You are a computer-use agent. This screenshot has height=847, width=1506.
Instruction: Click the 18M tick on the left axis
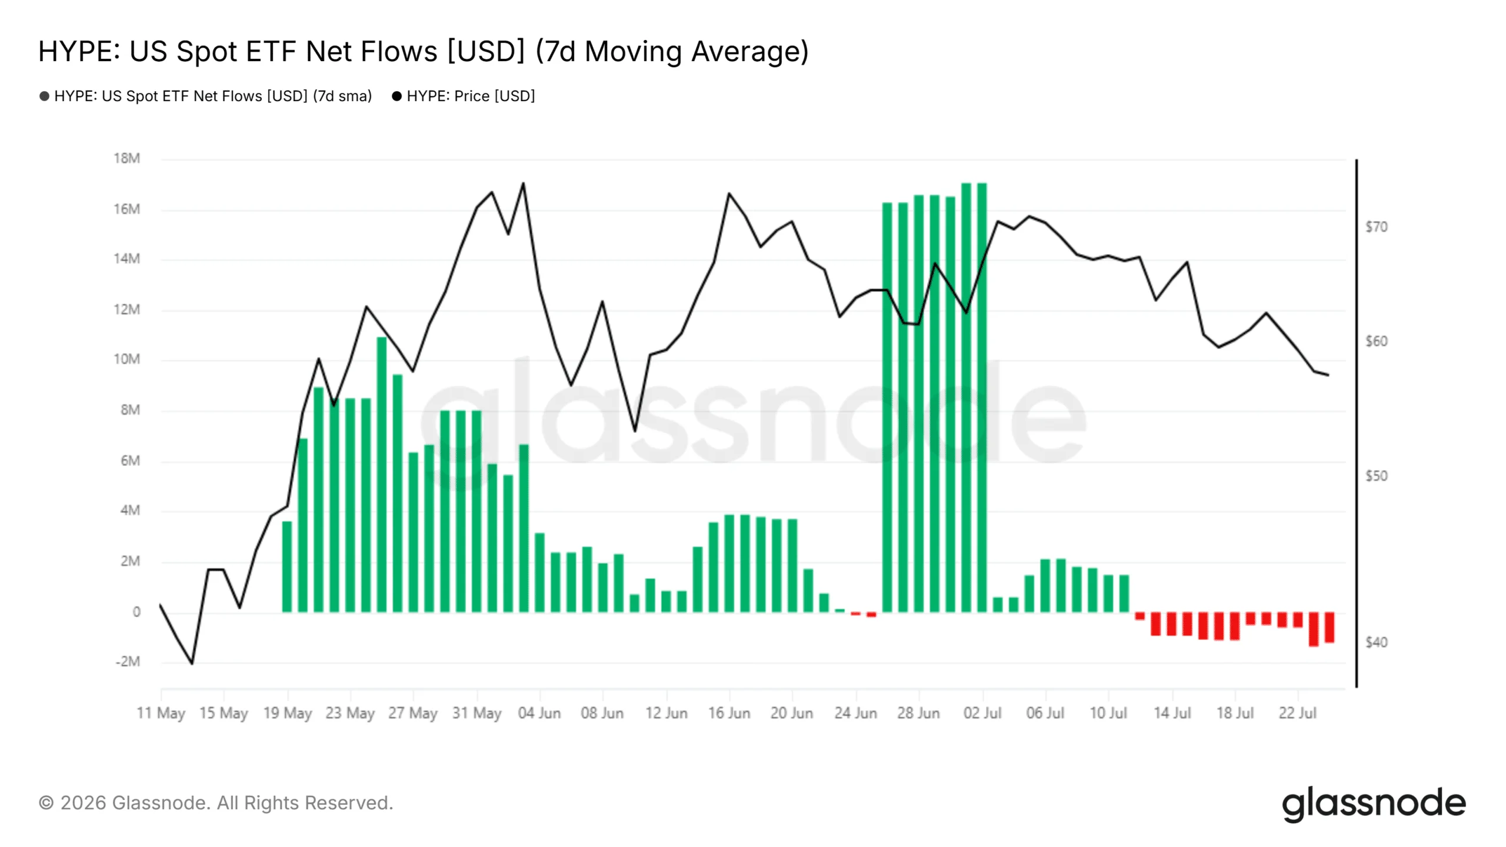pos(127,158)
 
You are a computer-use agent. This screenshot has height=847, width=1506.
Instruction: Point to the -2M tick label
pos(128,662)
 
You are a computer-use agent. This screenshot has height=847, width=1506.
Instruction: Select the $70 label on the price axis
pos(1376,227)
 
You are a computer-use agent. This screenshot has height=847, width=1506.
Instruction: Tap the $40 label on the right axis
pos(1376,642)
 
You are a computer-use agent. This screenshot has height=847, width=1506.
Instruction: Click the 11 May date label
pos(161,713)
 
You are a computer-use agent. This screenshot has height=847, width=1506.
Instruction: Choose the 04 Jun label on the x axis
pos(539,713)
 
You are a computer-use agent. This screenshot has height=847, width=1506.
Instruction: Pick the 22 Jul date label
pos(1297,713)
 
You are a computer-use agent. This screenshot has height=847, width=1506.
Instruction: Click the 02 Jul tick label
pos(982,713)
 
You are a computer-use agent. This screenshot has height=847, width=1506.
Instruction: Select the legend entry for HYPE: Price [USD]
pos(464,96)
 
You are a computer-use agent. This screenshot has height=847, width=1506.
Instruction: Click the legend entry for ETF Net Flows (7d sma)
pos(206,96)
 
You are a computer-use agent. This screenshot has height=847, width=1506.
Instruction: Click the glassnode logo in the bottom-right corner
pos(1374,804)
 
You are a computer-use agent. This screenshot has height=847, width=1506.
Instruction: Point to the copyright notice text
pos(216,803)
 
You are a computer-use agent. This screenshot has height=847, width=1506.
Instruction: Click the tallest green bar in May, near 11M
pos(382,475)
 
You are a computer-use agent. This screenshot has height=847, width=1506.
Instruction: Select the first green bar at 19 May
pos(287,567)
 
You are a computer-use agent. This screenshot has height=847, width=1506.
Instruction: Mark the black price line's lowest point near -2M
pos(192,664)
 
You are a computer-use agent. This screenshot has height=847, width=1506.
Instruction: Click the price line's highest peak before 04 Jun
pos(523,183)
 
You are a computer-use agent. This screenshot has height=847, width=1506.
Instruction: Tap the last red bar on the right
pos(1329,627)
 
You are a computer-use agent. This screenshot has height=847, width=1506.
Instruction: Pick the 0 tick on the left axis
pos(136,612)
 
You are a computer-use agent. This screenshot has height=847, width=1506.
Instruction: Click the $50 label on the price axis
pos(1376,476)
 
